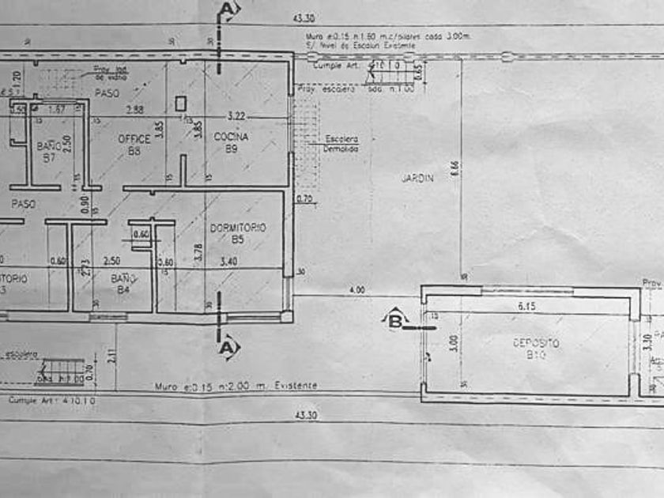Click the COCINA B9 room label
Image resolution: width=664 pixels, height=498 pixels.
coord(231,142)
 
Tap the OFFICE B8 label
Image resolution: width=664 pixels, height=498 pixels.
coord(135,145)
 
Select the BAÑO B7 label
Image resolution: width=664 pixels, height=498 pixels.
coord(49,151)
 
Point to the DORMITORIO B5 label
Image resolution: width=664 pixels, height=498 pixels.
coord(237,232)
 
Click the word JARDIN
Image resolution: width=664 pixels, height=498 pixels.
coord(417,179)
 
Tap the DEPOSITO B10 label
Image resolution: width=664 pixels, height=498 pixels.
coord(535,349)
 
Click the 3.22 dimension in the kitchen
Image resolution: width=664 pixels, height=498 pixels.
coord(236,115)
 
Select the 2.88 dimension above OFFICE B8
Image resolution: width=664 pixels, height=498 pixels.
coord(134,110)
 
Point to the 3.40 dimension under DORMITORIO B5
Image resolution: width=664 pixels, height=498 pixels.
coord(228,261)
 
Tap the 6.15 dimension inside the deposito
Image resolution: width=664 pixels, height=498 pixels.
coord(526,305)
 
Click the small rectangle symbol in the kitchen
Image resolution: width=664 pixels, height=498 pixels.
coord(181,102)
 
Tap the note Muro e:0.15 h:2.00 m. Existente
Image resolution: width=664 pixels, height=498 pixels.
coord(236,386)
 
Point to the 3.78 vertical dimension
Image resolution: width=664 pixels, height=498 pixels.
coord(198,251)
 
